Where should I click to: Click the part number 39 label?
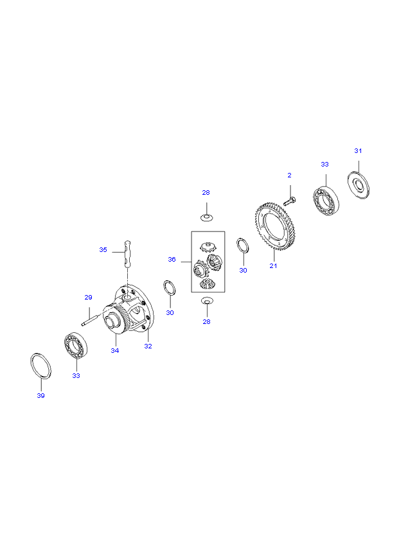coord(40,395)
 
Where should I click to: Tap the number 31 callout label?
coord(358,150)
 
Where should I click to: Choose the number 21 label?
coord(273,265)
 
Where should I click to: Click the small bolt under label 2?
coord(289,201)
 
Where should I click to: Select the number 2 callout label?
coord(290,175)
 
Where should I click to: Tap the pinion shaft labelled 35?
coord(127,253)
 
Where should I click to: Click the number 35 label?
coord(103,249)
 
